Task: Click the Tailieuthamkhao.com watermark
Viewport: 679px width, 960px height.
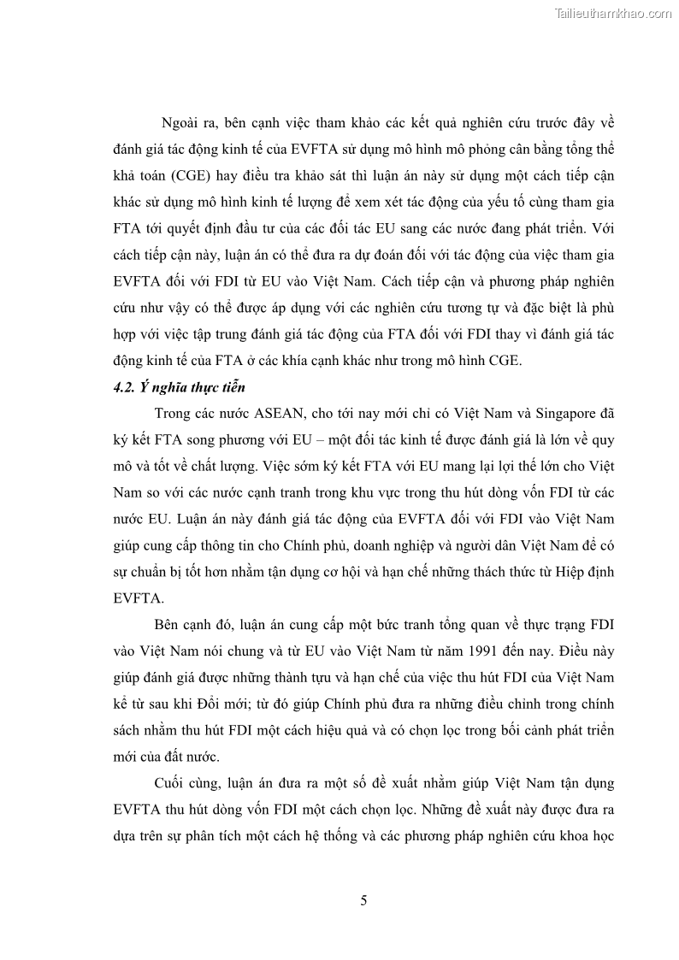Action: tap(613, 13)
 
